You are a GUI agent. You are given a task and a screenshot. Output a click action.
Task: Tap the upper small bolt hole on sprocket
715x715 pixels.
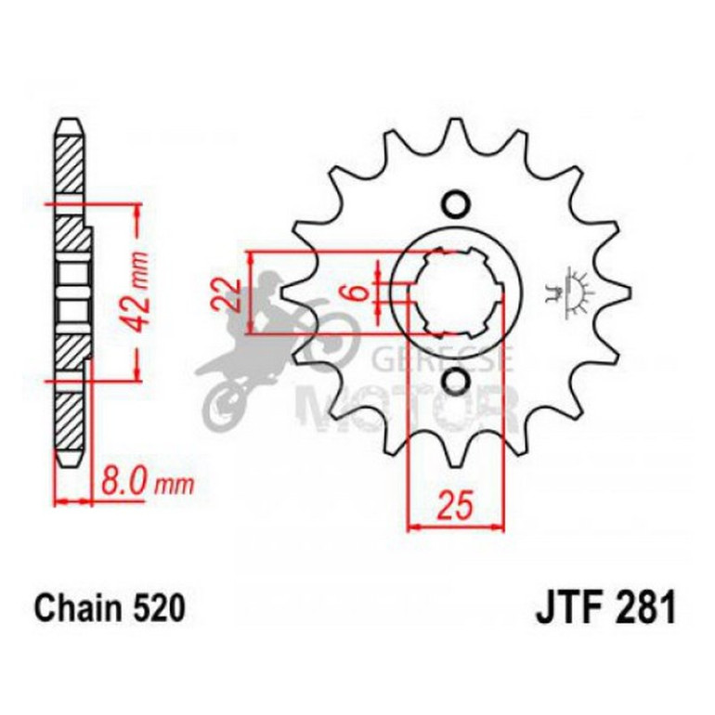coord(455,203)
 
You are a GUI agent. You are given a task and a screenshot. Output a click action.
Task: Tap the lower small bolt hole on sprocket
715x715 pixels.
coord(455,380)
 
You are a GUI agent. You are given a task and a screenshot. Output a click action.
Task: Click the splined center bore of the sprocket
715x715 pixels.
coord(455,292)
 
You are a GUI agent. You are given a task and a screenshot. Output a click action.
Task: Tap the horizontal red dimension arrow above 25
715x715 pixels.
coord(455,526)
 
